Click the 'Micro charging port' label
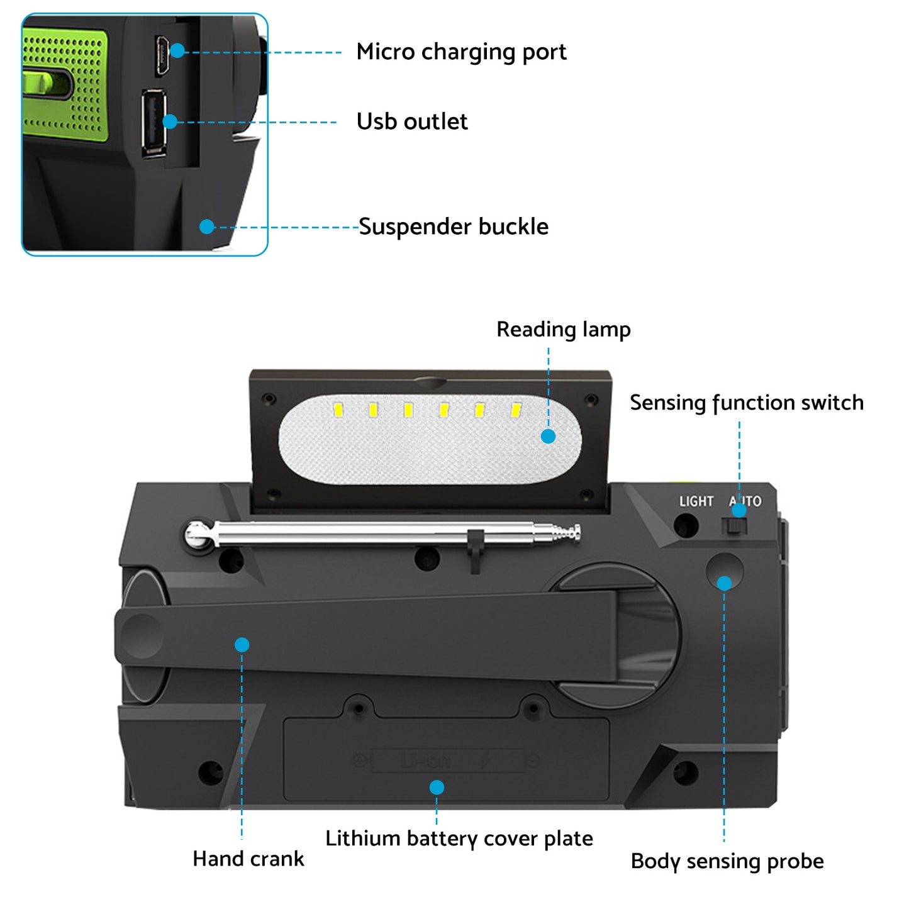point(460,52)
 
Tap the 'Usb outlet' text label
point(411,121)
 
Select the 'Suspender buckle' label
point(453,226)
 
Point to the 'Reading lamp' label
point(563,330)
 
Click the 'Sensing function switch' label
point(746,403)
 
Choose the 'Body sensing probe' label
point(727,861)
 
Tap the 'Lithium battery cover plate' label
point(459,839)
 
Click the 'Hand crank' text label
point(248,859)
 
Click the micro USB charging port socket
point(161,56)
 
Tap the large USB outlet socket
point(153,123)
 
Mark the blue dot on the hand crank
point(242,645)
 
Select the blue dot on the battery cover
point(437,788)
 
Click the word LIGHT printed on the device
point(696,501)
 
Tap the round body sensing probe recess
point(724,570)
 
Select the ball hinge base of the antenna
point(199,535)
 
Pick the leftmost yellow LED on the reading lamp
point(338,410)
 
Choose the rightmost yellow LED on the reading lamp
point(516,410)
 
